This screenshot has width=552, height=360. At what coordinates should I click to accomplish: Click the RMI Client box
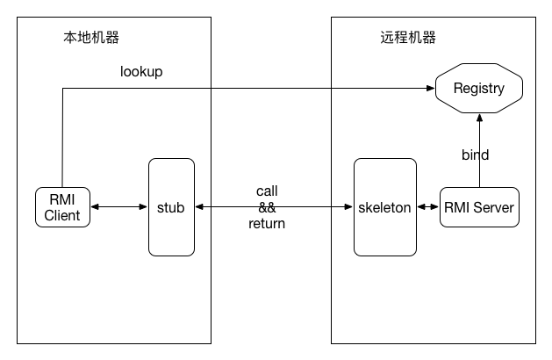pos(62,207)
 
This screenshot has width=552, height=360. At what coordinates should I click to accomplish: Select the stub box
pos(171,207)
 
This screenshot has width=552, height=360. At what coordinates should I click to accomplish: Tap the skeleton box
pos(385,207)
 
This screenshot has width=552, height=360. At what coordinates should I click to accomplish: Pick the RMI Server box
pos(479,207)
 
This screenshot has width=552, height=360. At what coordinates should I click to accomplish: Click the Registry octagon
pos(479,88)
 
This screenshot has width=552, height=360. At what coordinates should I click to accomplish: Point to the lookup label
pos(141,72)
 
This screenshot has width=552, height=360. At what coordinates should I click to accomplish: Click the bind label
pos(476,155)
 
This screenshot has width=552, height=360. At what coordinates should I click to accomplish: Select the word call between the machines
pos(267,191)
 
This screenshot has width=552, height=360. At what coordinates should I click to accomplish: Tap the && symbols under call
pos(267,207)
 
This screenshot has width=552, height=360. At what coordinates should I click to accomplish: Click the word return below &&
pos(267,223)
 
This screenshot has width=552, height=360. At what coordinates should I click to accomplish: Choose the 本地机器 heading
pos(91,38)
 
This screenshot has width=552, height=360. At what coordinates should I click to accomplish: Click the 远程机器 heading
pos(408,38)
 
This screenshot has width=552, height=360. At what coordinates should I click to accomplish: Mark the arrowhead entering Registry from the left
pos(431,88)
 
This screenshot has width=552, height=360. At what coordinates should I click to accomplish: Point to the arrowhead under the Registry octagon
pos(479,118)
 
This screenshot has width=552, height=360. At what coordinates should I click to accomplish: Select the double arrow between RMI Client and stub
pos(119,206)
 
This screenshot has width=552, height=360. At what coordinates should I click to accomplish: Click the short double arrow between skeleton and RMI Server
pos(428,206)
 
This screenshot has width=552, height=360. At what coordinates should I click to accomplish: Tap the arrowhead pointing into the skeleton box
pos(348,206)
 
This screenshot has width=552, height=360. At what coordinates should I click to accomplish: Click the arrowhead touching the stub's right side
pos(199,206)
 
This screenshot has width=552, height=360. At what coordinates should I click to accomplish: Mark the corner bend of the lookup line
pos(62,88)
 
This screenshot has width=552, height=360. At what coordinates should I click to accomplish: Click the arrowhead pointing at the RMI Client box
pos(95,206)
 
